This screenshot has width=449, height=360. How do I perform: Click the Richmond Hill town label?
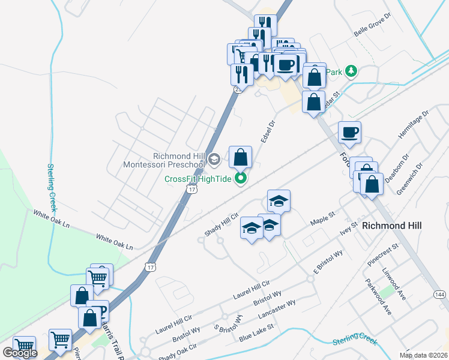pyautogui.click(x=391, y=225)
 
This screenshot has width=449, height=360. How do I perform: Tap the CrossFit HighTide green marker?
pyautogui.click(x=241, y=178)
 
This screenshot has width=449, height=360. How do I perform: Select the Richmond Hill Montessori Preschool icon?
pyautogui.click(x=215, y=159)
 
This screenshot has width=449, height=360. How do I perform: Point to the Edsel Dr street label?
pyautogui.click(x=268, y=131)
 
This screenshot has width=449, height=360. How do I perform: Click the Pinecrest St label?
pyautogui.click(x=385, y=255)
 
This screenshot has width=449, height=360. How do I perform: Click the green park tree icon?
pyautogui.click(x=351, y=72)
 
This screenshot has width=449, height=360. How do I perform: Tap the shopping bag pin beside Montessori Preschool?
pyautogui.click(x=240, y=158)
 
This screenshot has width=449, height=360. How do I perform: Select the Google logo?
pyautogui.click(x=19, y=353)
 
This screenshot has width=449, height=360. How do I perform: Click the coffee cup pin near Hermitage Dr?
pyautogui.click(x=349, y=133)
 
